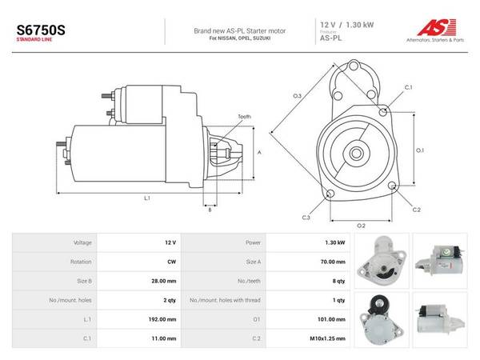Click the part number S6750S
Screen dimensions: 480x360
[x=41, y=30]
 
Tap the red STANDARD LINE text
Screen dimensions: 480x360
[x=34, y=39]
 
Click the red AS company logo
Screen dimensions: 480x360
[x=437, y=27]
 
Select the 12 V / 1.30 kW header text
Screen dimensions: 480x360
[x=347, y=25]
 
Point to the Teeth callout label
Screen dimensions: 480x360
[x=244, y=117]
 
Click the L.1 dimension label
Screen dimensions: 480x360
[x=147, y=198]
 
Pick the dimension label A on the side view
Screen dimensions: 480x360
[x=259, y=152]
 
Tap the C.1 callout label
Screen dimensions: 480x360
[x=409, y=87]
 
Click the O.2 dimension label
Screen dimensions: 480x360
[x=362, y=226]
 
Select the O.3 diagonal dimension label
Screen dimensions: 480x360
[x=298, y=96]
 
